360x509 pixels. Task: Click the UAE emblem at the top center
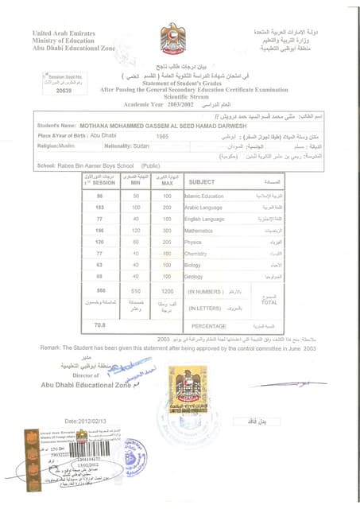pos(172,37)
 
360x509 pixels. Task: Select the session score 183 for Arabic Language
pos(100,207)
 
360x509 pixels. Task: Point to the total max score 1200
pos(167,292)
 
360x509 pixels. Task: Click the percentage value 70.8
pos(99,325)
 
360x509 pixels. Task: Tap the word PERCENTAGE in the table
pos(208,325)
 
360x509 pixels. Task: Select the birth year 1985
pos(163,136)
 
